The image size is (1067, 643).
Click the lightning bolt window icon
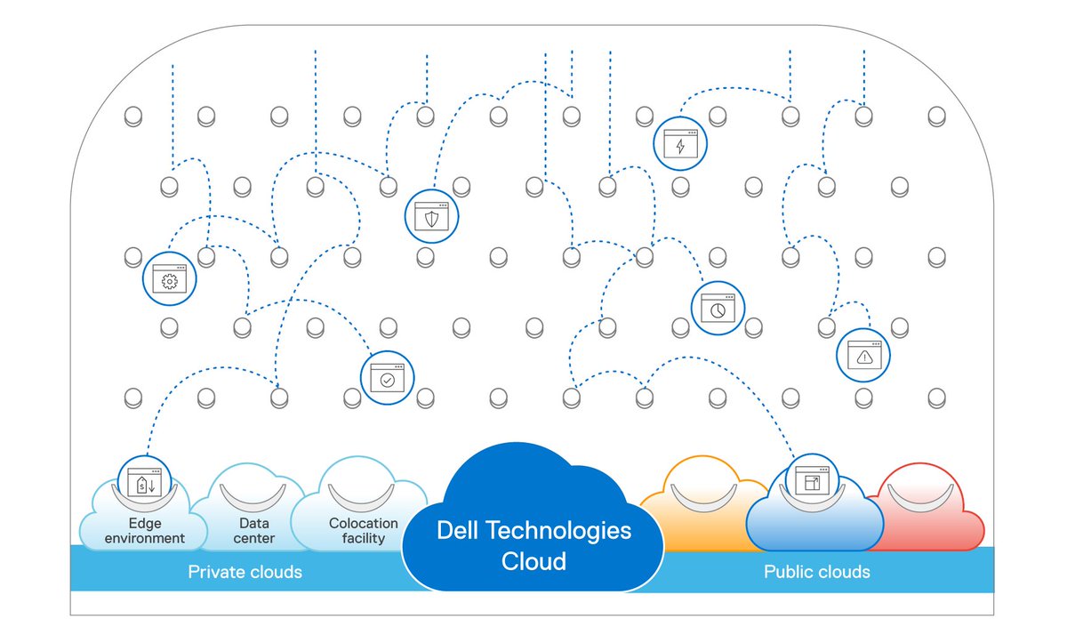coord(680,144)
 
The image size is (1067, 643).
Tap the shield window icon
coord(431,215)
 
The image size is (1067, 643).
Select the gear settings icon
coord(168,279)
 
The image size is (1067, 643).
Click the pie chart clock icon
coord(718,308)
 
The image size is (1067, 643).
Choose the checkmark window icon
coord(387,378)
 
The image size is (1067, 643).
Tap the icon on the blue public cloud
coord(811,481)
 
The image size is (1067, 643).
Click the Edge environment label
coord(145,531)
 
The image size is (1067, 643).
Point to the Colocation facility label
coord(363,531)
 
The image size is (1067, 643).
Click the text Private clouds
coord(245,572)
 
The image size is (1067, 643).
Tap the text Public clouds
coord(816,572)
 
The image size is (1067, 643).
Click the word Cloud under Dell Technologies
coord(533,562)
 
